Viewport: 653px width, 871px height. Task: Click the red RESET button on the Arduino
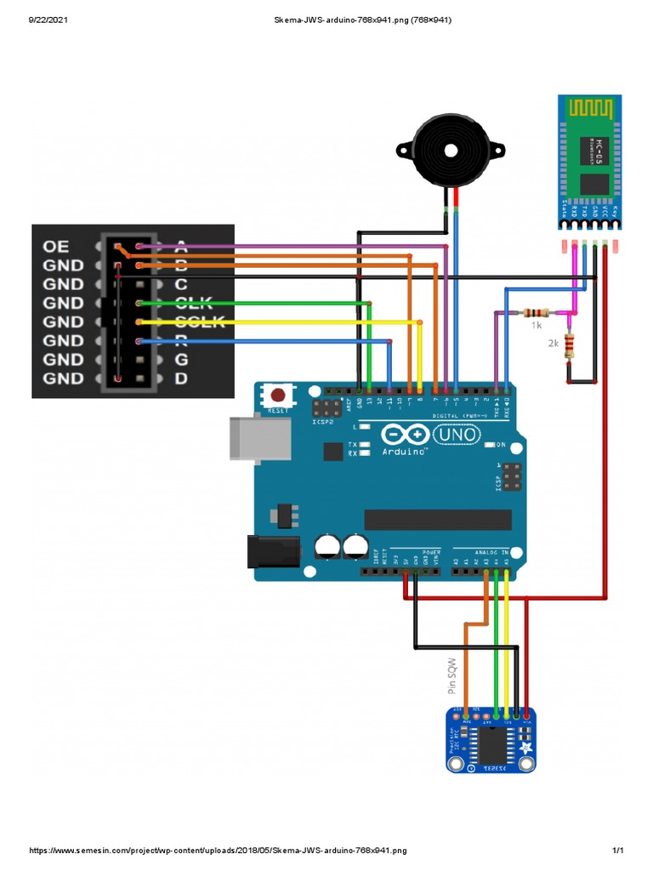278,396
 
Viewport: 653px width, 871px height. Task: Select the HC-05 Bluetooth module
591,161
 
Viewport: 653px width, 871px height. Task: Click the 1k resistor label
537,325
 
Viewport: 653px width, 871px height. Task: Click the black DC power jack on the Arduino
273,550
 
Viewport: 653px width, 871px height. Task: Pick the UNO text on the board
457,436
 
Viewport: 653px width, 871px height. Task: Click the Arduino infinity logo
405,435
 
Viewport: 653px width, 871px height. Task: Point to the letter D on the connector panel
180,378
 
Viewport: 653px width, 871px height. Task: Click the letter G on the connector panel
180,359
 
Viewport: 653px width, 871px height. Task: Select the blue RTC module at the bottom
492,740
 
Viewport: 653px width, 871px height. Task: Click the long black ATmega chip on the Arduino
438,520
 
